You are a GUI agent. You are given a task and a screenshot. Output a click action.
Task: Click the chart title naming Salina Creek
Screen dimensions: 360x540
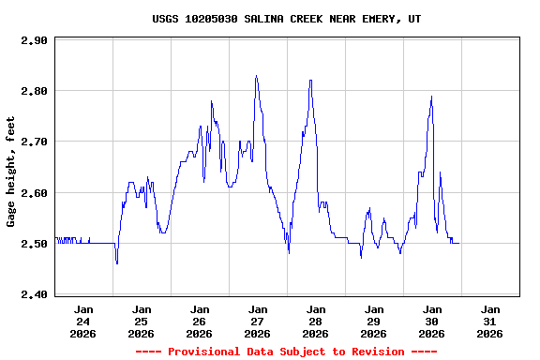point(286,19)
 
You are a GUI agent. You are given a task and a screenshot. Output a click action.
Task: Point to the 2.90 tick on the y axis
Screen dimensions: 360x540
point(34,40)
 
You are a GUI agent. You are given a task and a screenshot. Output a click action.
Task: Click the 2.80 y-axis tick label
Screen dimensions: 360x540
point(34,91)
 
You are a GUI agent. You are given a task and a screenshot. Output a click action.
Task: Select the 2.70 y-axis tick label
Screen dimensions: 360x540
point(34,142)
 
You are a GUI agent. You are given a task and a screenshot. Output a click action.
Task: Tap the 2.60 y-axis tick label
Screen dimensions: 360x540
point(34,192)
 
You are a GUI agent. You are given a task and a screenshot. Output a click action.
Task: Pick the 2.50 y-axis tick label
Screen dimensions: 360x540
point(34,244)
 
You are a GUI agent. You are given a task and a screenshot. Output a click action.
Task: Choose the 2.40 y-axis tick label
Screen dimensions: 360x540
point(34,294)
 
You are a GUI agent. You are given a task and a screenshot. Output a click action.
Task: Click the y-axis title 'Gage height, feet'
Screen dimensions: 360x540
point(11,172)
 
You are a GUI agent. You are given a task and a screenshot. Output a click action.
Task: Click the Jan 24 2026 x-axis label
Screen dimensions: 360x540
point(83,321)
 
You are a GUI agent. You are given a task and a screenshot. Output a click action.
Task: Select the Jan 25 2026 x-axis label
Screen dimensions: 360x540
point(142,321)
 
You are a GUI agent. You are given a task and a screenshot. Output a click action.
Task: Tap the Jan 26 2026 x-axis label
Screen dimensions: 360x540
point(200,321)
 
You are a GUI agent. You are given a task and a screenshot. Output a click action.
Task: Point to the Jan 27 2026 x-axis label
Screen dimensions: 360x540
point(258,321)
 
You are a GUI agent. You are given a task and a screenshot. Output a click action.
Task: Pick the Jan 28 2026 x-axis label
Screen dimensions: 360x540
point(316,321)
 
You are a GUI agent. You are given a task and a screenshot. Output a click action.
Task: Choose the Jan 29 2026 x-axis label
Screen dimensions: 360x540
point(374,321)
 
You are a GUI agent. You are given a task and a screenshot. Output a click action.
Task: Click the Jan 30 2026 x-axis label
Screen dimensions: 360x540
point(432,321)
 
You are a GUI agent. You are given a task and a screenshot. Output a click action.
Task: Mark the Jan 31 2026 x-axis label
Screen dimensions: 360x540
point(490,321)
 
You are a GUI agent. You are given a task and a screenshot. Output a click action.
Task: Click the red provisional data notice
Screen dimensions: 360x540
point(286,352)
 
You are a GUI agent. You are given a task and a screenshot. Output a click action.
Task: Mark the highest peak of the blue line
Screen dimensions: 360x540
point(256,76)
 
